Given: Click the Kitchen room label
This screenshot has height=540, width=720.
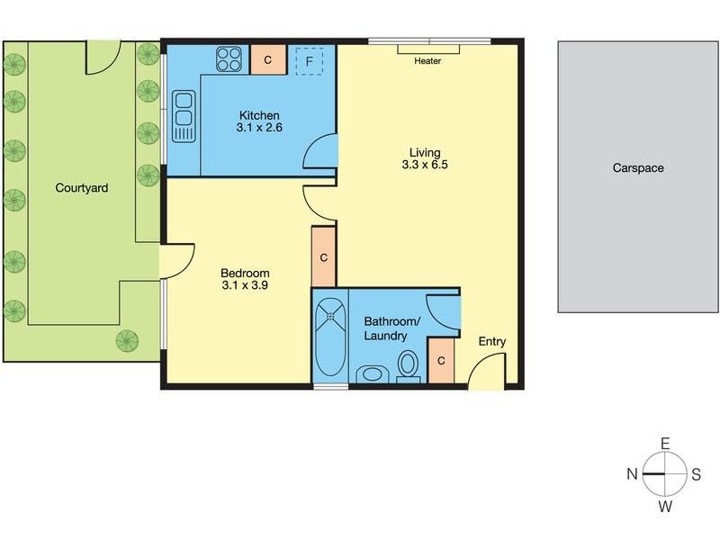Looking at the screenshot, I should point(259,115).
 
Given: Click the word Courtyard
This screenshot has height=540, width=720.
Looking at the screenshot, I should point(82,188).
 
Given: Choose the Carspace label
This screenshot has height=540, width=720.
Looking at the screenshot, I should point(638,167).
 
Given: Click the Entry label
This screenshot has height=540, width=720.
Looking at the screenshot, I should point(492,341).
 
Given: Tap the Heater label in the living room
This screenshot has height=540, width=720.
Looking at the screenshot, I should point(427,61).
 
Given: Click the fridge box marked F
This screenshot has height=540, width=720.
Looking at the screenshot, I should point(310,61).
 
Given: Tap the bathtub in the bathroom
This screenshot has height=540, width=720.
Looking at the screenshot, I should point(328,335).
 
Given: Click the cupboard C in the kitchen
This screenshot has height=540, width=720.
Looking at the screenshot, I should point(267,61).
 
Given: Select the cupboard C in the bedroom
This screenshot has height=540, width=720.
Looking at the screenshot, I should point(323,257).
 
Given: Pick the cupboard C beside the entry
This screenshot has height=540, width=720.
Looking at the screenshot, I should point(440,361).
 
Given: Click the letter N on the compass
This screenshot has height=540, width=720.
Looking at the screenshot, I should point(634,474).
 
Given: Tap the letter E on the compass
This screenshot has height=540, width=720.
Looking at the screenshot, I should point(665,444).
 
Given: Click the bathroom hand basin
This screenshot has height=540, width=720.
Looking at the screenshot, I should point(370,374).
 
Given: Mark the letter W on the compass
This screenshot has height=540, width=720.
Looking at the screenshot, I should point(665,507).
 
